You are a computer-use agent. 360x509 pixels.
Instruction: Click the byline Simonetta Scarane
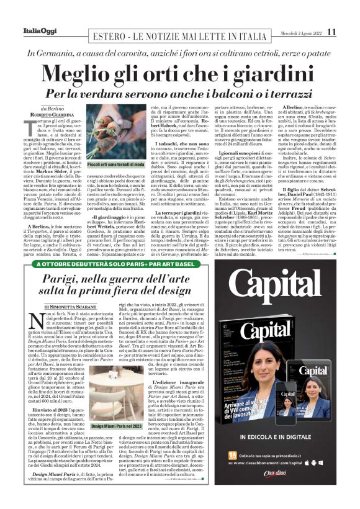coord(74,307)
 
